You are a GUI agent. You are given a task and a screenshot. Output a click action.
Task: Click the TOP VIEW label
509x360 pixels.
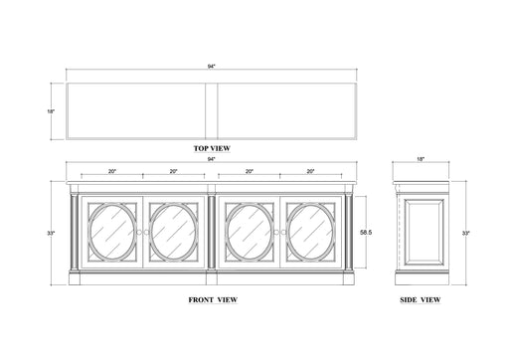click(213, 148)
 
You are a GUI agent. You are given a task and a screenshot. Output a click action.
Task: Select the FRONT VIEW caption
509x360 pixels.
click(212, 298)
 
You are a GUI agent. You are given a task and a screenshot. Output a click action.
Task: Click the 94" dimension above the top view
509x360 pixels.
click(212, 67)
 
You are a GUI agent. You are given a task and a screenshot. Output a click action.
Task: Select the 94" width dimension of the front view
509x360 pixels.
click(212, 159)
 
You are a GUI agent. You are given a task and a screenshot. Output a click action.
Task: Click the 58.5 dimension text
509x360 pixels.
click(367, 231)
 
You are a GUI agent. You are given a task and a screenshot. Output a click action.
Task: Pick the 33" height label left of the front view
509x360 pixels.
click(50, 233)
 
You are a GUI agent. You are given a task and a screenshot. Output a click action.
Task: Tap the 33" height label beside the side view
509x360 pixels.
click(466, 233)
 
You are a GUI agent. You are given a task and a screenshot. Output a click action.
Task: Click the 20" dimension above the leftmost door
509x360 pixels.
click(111, 171)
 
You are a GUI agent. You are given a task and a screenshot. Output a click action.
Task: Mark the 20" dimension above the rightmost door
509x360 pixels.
click(311, 171)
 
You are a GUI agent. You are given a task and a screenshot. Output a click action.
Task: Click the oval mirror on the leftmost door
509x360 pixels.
click(112, 232)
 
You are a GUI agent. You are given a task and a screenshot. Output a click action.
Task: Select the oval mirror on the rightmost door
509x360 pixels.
click(310, 232)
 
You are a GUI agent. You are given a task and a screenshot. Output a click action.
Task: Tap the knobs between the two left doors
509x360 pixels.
click(145, 233)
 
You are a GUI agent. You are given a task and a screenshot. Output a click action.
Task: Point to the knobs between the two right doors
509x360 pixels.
click(278, 233)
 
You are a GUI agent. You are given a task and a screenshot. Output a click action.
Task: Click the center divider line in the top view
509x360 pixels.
click(212, 112)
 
